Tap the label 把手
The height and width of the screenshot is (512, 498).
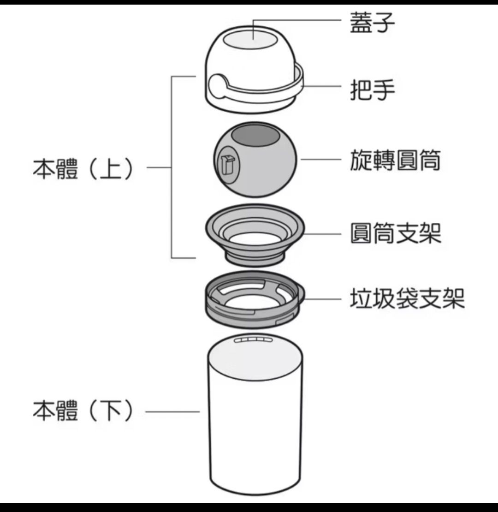[x=372, y=89]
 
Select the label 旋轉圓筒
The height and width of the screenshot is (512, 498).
[x=395, y=160]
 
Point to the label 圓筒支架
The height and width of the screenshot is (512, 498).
[x=395, y=233]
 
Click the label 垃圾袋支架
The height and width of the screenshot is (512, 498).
[x=407, y=298]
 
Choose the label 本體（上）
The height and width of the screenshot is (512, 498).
[x=83, y=169]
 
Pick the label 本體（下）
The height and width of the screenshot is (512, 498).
[x=83, y=411]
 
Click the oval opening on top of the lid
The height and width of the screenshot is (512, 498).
[x=253, y=40]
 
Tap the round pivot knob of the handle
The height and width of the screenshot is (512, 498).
[x=219, y=85]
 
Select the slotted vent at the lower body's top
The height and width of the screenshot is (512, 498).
[x=253, y=340]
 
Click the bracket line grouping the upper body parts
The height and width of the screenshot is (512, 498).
[x=172, y=167]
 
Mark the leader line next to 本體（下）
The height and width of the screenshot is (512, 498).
[x=172, y=411]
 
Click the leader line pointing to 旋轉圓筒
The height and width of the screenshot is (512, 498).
[x=321, y=160]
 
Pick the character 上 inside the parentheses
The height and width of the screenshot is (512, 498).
[x=111, y=169]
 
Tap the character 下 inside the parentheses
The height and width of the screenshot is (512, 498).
[x=111, y=411]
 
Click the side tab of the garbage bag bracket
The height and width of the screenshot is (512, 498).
[x=301, y=292]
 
